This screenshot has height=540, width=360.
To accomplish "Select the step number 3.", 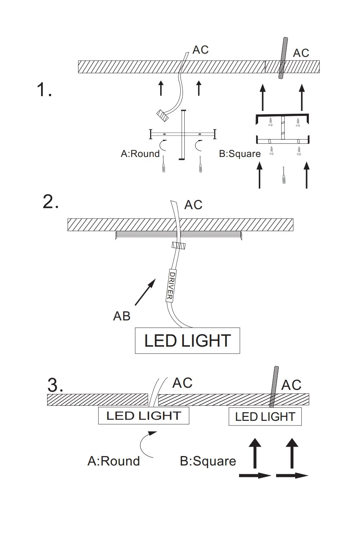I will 55,386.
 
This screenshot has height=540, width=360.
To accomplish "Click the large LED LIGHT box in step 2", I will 187,341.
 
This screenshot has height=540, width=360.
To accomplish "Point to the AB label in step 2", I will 122,316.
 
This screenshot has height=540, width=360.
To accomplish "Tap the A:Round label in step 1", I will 140,154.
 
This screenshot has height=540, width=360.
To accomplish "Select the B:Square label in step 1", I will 240,154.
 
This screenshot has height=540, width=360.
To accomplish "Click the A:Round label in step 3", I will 113,461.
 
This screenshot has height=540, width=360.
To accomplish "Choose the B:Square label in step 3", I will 208,461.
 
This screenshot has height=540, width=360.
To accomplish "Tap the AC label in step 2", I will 193,205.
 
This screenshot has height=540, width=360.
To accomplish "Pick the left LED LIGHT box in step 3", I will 144,416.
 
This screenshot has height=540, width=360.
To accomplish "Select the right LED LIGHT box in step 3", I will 265,417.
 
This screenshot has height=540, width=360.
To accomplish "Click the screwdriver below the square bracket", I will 283,176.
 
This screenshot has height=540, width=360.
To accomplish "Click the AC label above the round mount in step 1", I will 201,50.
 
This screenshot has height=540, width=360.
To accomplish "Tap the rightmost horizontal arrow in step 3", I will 292,476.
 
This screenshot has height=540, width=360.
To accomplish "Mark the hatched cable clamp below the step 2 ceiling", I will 178,246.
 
